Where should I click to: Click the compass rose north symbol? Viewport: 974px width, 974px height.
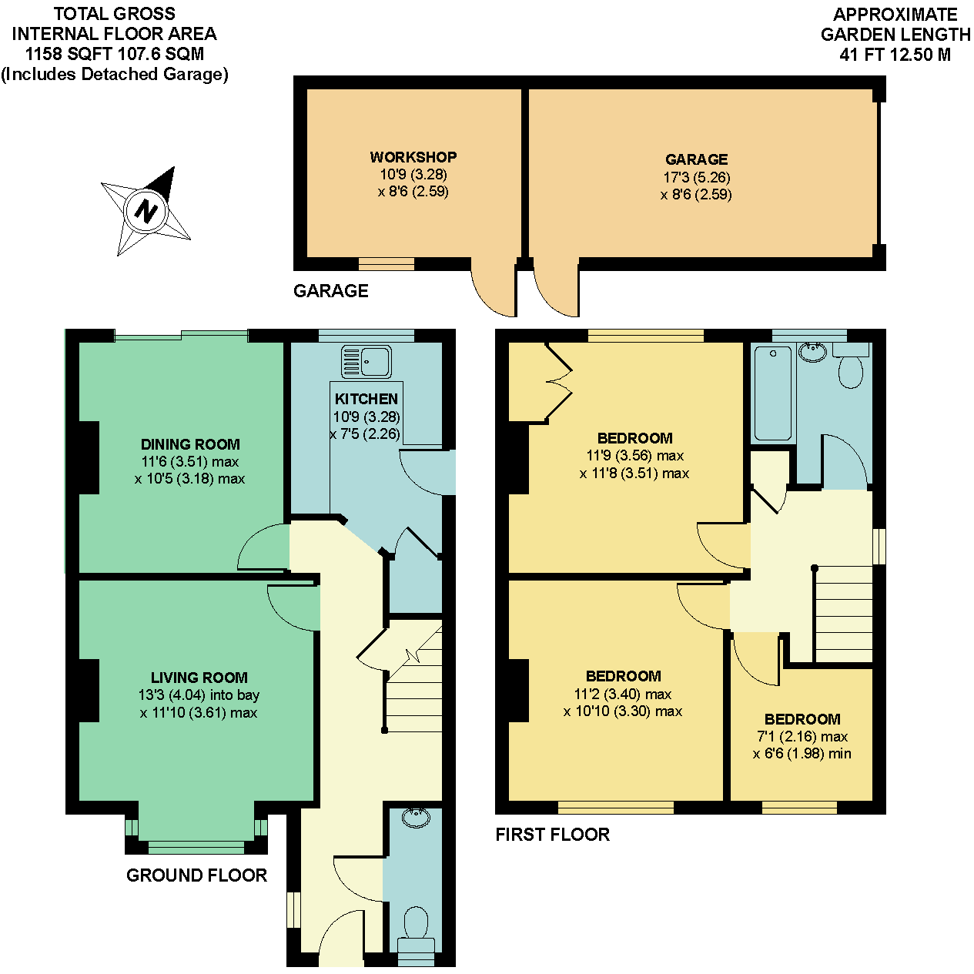point(146,210)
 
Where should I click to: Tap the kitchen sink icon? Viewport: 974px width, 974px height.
point(367,361)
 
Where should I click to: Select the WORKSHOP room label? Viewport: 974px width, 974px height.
point(413,157)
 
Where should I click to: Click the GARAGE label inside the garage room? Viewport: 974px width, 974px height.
point(696,159)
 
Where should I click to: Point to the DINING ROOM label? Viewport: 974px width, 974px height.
point(190,444)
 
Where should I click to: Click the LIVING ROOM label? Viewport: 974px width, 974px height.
point(199,678)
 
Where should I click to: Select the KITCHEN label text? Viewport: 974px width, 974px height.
point(367,399)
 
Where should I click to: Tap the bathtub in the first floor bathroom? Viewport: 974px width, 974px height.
point(772,393)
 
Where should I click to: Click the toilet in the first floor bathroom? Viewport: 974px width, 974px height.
point(851,367)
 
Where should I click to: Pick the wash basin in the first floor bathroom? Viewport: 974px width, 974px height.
point(812,352)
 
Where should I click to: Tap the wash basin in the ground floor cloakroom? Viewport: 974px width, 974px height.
point(416,817)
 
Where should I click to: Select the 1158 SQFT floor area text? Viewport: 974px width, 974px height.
point(114,54)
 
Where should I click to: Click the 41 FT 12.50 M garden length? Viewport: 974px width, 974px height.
point(895,55)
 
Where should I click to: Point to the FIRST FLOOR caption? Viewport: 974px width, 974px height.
point(552,835)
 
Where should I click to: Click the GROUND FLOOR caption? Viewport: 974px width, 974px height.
point(196,875)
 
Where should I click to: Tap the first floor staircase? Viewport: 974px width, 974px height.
point(843,615)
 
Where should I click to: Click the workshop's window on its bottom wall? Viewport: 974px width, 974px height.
point(387,264)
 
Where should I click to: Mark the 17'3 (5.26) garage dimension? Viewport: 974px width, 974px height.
point(696,177)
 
